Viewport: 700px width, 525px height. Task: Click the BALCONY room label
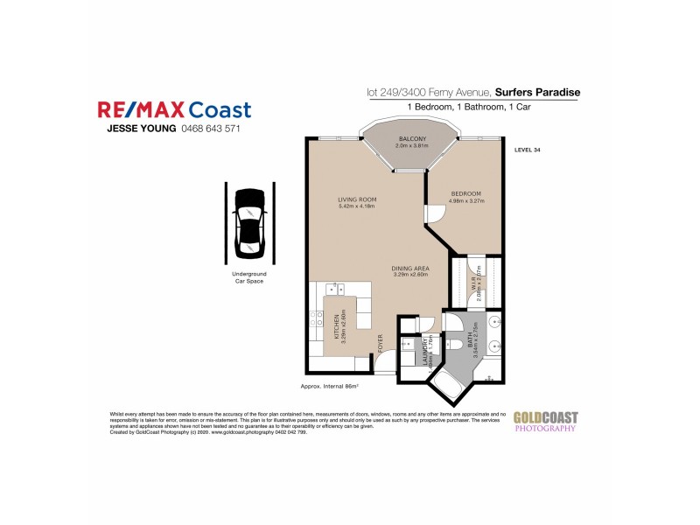[x=412, y=139]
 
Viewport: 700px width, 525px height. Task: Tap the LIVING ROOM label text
[x=356, y=199]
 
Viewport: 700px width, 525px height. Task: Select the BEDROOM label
[x=466, y=192]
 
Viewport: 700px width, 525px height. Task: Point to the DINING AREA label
[x=409, y=269]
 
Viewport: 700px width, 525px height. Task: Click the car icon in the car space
[x=250, y=221]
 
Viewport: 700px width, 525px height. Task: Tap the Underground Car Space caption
[x=249, y=277]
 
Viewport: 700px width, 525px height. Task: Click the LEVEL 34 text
[x=528, y=150]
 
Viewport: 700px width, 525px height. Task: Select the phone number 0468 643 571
[x=210, y=129]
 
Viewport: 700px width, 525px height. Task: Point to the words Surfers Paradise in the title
[x=536, y=91]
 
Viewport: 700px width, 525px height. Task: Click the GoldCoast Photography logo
[x=544, y=422]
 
